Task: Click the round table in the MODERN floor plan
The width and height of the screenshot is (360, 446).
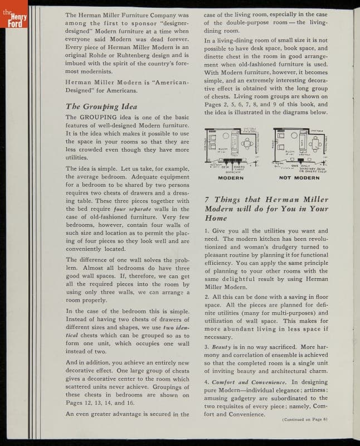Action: point(226,135)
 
